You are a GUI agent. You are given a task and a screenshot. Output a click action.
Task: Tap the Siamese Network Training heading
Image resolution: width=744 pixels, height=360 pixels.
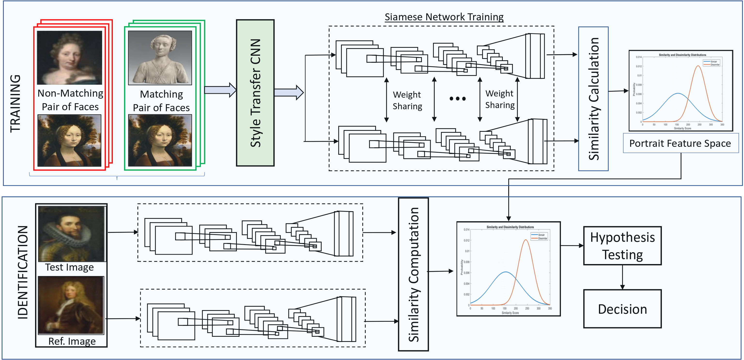click(x=444, y=17)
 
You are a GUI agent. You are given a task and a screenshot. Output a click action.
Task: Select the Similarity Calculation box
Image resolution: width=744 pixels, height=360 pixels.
click(x=593, y=99)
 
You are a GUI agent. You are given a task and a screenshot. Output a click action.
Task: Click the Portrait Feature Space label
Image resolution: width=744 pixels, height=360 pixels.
click(x=680, y=143)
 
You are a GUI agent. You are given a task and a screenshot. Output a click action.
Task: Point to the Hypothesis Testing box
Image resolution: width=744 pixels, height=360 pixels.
click(x=622, y=246)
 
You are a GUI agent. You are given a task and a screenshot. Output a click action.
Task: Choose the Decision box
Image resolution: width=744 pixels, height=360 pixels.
click(x=622, y=309)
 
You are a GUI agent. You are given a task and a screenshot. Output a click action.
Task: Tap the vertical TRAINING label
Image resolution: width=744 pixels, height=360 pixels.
click(x=15, y=103)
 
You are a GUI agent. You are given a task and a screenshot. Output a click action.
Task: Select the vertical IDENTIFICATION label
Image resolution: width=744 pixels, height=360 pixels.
click(x=23, y=272)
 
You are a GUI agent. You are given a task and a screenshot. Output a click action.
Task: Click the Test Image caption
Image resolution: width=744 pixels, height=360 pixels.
click(x=69, y=267)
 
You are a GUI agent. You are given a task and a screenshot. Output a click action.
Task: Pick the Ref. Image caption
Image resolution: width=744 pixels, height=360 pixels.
click(x=72, y=341)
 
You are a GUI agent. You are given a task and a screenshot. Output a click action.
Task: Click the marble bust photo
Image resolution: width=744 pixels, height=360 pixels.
click(x=160, y=58)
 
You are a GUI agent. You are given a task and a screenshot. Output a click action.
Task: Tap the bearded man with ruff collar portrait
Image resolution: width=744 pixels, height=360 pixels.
click(x=72, y=234)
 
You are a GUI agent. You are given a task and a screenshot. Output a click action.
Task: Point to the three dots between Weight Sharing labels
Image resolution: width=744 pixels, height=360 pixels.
click(x=457, y=99)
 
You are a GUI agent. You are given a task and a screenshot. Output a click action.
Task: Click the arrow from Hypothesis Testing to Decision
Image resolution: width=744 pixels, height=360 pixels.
click(x=622, y=277)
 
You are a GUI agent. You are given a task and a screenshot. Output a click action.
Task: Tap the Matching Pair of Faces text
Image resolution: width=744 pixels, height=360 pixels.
click(x=161, y=101)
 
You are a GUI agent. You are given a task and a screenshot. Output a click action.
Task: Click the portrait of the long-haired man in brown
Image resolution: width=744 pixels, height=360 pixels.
click(x=71, y=305)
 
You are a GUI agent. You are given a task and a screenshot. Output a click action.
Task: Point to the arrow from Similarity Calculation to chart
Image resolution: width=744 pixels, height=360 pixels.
click(x=618, y=91)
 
